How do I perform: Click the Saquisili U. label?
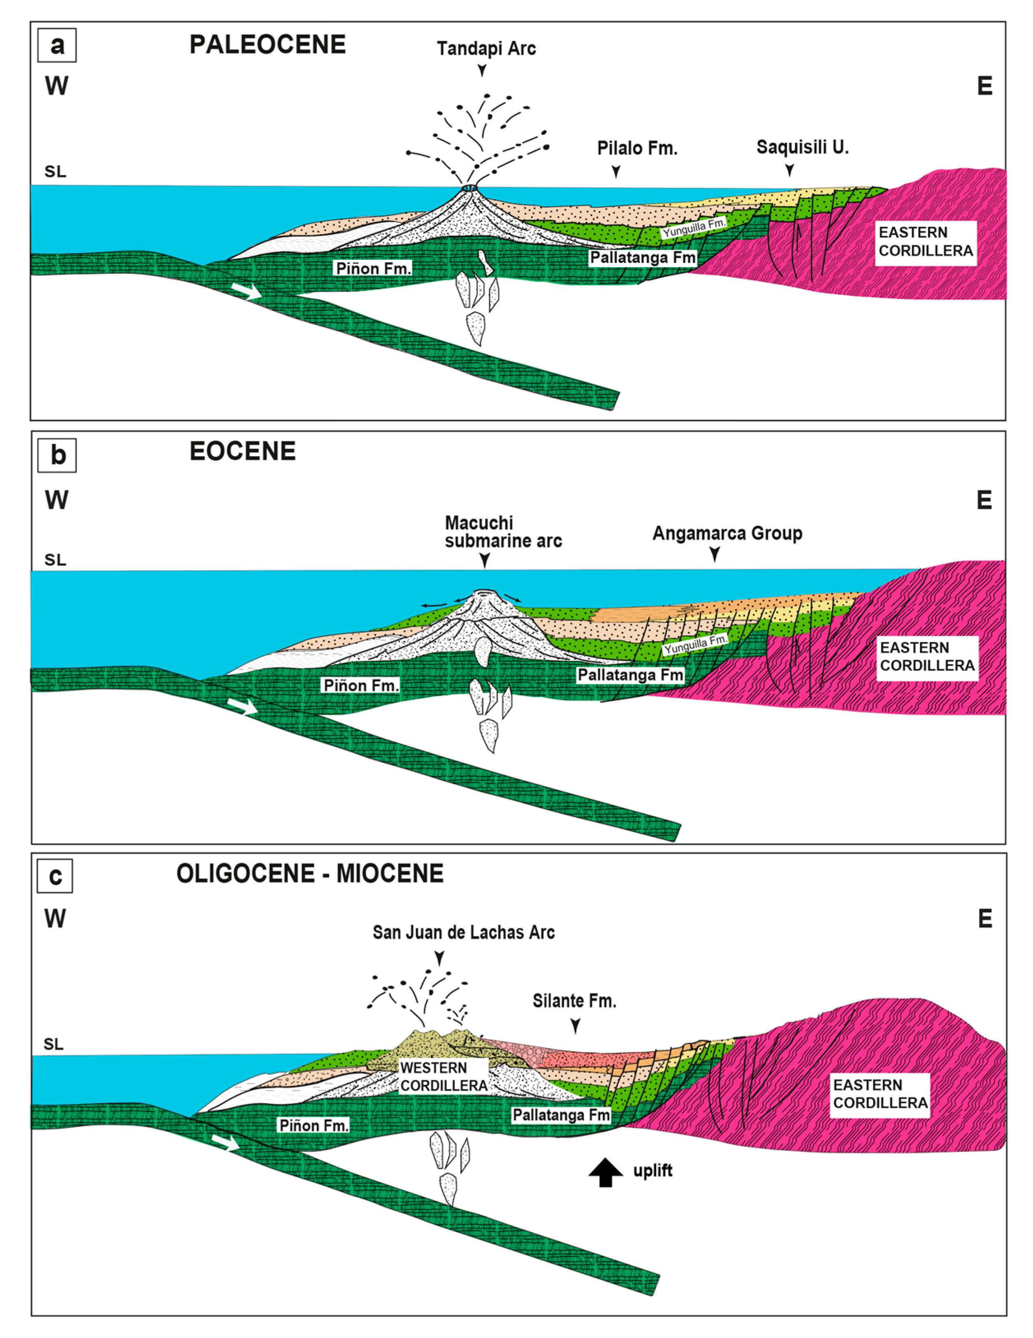pyautogui.click(x=802, y=147)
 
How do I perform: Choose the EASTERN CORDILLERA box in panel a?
pyautogui.click(x=925, y=241)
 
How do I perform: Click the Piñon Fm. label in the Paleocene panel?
pyautogui.click(x=373, y=268)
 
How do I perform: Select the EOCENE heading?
pyautogui.click(x=242, y=452)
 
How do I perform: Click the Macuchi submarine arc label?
pyautogui.click(x=503, y=531)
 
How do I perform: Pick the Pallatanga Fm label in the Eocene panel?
pyautogui.click(x=630, y=675)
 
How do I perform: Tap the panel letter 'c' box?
pyautogui.click(x=55, y=876)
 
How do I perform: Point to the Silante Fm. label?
pyautogui.click(x=574, y=1001)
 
